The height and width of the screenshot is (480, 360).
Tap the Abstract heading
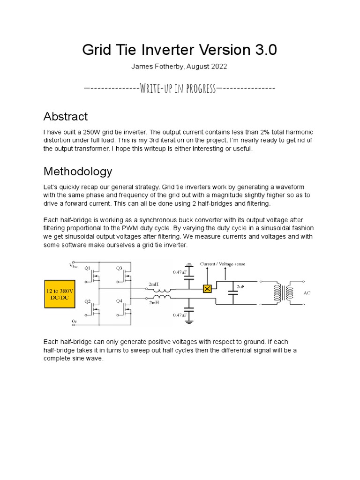point(65,116)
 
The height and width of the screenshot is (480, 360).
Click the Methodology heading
point(78,171)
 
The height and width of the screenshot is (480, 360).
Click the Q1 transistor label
point(88,269)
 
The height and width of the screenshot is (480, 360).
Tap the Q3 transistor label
point(120,269)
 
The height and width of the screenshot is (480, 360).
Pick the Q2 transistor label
point(88,301)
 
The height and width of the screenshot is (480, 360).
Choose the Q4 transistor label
point(120,301)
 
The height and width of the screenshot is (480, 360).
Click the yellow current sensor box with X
point(207,289)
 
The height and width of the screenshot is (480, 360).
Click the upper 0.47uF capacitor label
point(180,271)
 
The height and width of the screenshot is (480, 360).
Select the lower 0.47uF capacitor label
point(180,315)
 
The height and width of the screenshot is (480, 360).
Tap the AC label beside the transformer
point(307,293)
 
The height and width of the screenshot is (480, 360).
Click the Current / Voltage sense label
point(223,264)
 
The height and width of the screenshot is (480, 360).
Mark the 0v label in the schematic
point(74,321)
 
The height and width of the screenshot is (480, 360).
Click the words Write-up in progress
point(178,89)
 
